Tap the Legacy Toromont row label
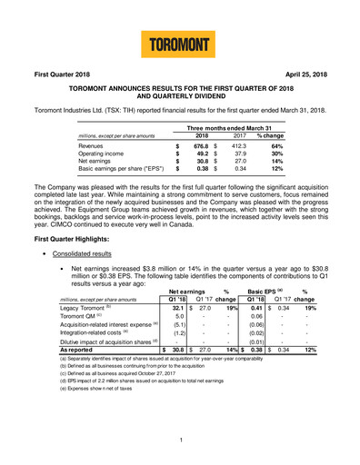[65, 333]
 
